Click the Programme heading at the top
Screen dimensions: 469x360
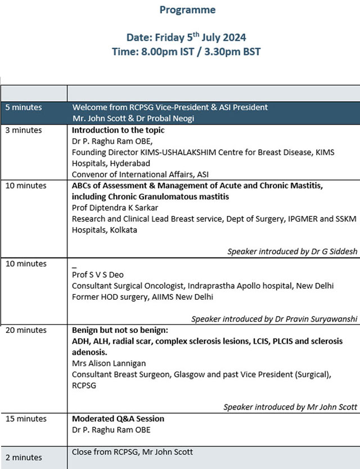coord(187,10)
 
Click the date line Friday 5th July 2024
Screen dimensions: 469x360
coord(187,38)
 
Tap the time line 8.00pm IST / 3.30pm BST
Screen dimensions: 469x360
coord(187,51)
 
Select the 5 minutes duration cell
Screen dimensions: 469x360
coord(24,107)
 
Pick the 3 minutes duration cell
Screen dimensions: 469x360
coord(24,130)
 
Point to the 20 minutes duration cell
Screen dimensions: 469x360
coord(26,330)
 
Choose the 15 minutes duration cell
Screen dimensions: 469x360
coord(26,418)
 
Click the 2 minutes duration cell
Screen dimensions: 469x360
coord(24,457)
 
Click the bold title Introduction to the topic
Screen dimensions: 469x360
coord(118,130)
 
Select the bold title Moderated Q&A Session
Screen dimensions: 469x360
coord(119,418)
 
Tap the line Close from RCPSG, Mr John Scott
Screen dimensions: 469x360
coord(133,452)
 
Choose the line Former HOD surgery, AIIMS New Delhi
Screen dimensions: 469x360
coord(143,296)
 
